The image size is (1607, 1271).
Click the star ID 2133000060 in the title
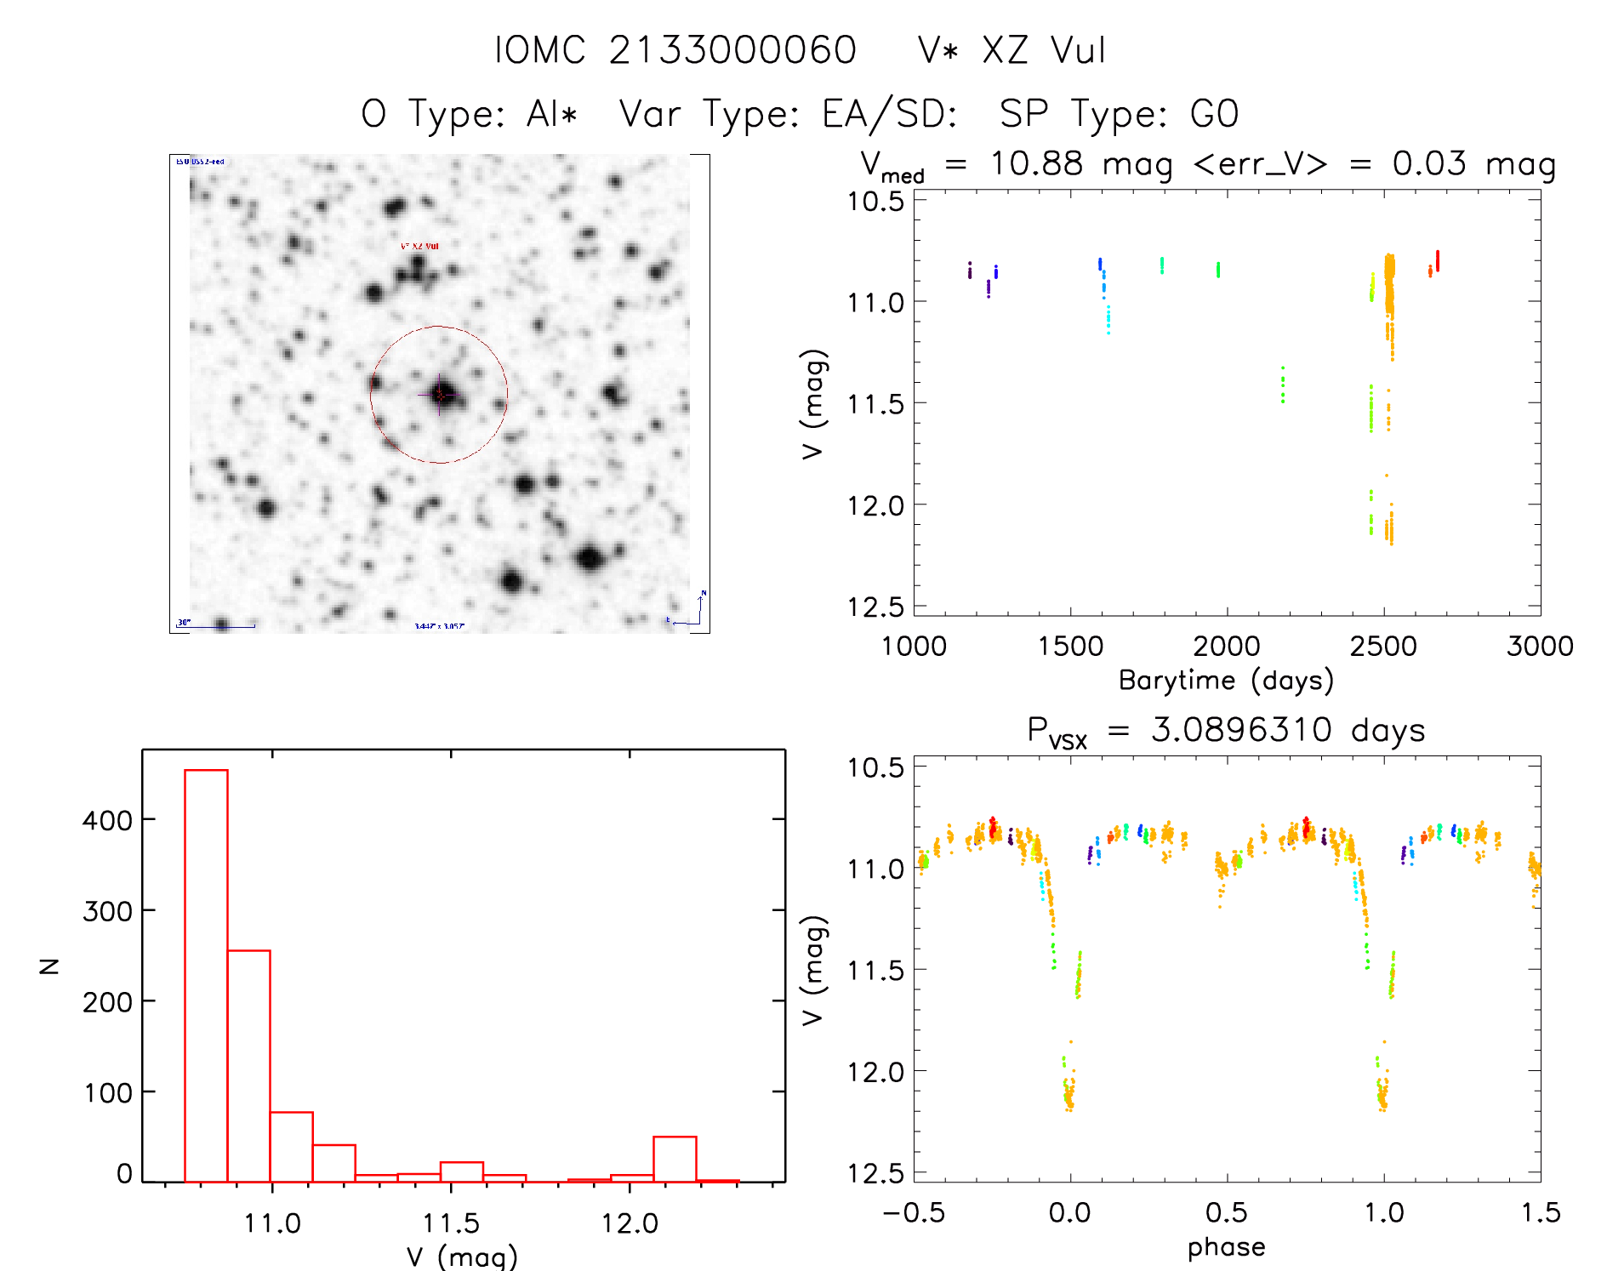click(732, 50)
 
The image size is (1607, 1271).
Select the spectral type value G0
click(1214, 114)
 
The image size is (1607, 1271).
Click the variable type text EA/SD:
click(890, 114)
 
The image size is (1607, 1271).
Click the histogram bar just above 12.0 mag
click(675, 1158)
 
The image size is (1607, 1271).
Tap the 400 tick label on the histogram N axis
click(108, 820)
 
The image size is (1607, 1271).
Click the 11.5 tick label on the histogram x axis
click(451, 1223)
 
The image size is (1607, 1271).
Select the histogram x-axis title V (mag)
click(462, 1257)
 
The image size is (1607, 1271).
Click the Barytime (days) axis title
click(1226, 681)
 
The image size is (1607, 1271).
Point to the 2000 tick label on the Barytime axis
click(1226, 647)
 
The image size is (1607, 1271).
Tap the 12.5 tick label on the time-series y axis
click(875, 607)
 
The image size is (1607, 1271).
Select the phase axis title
click(1226, 1247)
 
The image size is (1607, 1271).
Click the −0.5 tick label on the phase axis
click(914, 1212)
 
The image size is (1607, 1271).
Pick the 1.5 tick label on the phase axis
click(1541, 1212)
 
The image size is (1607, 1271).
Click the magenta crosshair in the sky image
click(440, 395)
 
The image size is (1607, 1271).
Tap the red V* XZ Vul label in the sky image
click(419, 246)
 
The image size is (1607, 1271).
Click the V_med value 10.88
click(1036, 163)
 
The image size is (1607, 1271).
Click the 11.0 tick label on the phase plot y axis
click(875, 869)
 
